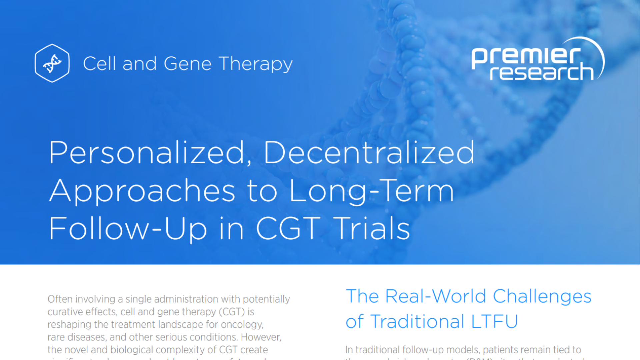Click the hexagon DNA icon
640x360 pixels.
(x=52, y=63)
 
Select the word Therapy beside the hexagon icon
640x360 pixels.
(x=256, y=64)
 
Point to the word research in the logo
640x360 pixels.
(x=542, y=72)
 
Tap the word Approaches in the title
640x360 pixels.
(x=142, y=191)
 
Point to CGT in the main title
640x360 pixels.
(x=288, y=229)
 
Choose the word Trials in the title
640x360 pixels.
(x=372, y=229)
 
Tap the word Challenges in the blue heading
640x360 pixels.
(x=542, y=297)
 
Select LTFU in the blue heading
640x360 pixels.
(x=494, y=321)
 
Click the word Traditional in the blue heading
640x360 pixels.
(x=417, y=321)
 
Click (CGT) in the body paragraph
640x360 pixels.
(x=232, y=312)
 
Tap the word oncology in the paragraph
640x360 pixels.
(x=242, y=324)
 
